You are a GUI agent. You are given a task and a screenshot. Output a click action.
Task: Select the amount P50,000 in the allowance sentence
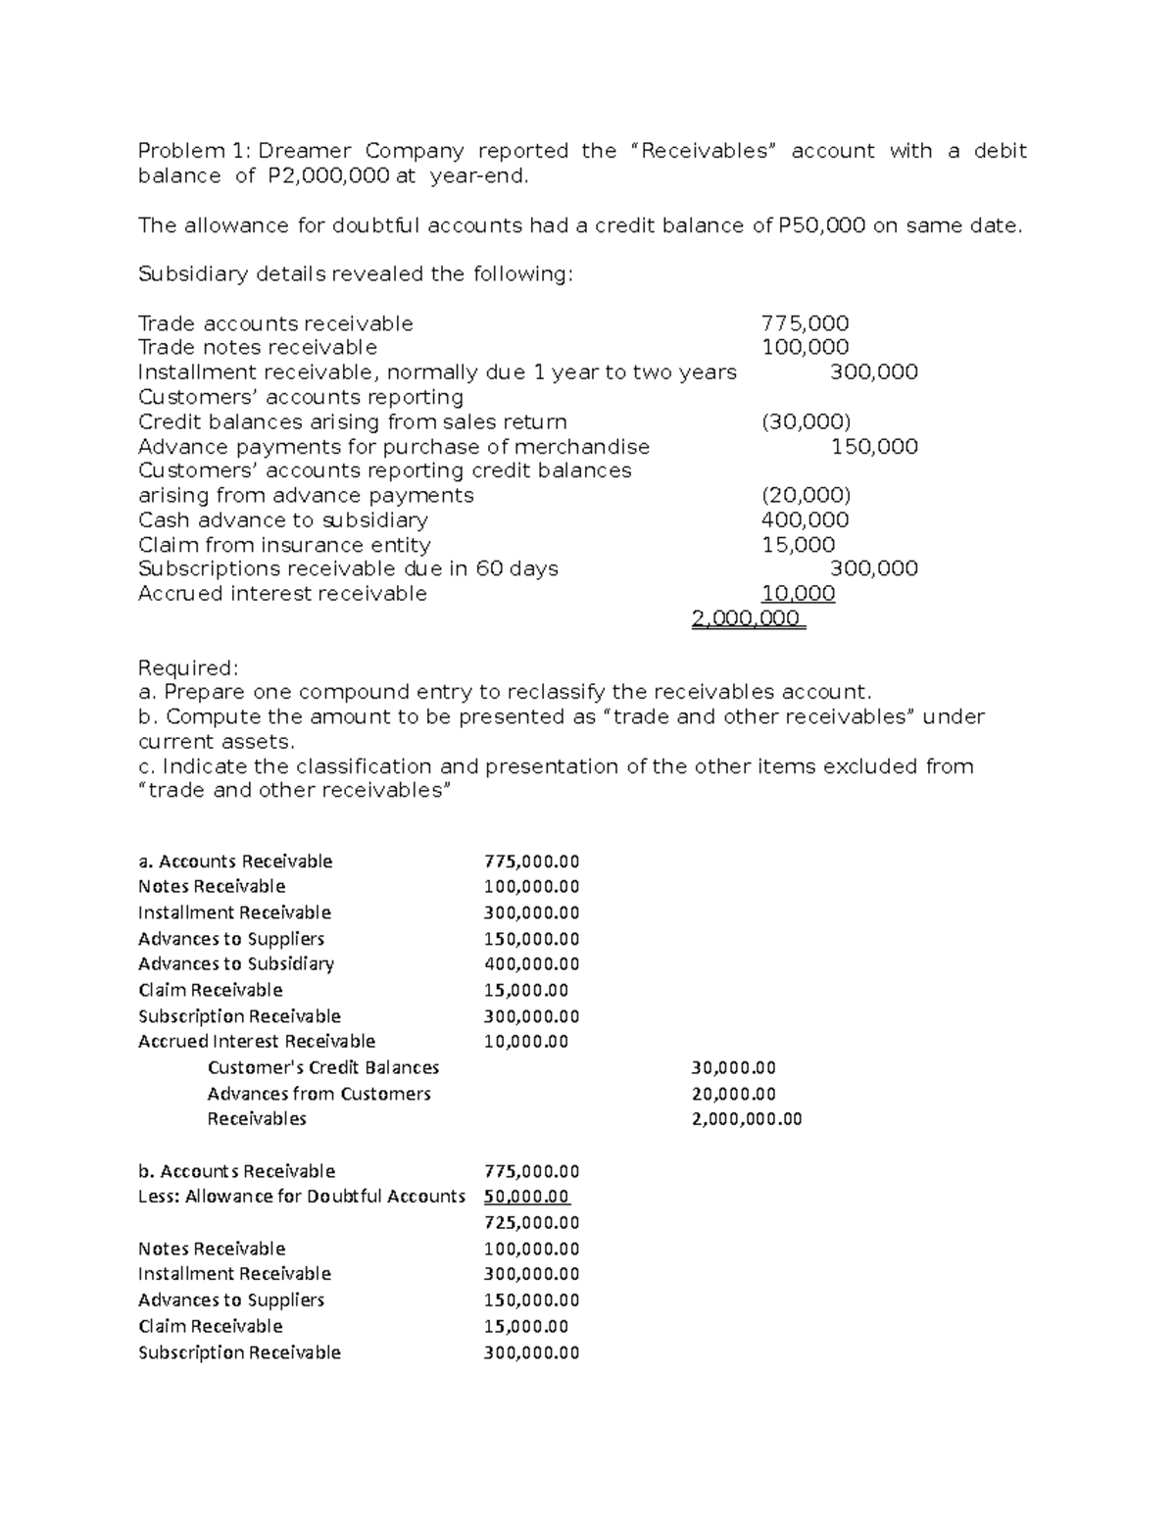(821, 225)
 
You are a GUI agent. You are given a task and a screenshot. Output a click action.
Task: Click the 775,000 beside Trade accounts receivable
(806, 323)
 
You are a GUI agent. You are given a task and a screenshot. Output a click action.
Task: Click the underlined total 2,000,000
(748, 618)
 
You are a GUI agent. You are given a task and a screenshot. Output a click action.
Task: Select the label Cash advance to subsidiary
(283, 520)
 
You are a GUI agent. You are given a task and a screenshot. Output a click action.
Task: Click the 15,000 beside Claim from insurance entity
(799, 545)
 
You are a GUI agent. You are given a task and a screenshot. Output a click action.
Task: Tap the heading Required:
(188, 668)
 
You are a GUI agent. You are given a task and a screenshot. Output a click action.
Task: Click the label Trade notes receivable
(258, 348)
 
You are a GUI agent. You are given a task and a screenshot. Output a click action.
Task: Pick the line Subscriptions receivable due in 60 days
(348, 569)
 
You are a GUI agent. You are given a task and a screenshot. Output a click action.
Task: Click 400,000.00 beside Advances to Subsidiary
(532, 964)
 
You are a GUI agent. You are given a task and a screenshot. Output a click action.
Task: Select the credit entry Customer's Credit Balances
(323, 1067)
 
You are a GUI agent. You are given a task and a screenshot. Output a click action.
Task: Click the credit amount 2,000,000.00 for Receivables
(747, 1119)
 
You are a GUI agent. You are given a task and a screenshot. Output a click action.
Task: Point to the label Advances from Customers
(319, 1094)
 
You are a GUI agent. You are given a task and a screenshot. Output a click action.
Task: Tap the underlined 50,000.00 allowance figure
(526, 1197)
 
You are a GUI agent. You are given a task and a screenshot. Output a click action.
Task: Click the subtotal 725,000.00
(532, 1223)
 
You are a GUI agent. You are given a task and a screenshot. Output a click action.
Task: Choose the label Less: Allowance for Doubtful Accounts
(302, 1197)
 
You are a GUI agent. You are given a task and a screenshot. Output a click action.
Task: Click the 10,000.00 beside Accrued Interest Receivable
(526, 1042)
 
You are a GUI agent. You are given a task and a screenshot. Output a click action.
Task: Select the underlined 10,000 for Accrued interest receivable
(799, 594)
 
